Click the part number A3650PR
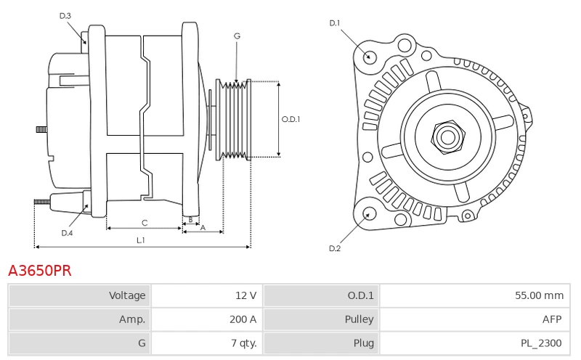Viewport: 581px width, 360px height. coord(40,271)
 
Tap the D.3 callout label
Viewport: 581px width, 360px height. coord(65,15)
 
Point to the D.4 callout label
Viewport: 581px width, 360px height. coord(67,233)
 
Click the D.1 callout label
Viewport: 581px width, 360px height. coord(335,23)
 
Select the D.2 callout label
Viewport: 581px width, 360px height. coord(335,249)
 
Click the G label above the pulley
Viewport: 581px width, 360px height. coord(237,36)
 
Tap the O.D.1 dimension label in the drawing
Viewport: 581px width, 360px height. coord(290,120)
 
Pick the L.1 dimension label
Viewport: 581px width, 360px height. coord(141,240)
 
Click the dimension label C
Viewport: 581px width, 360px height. coord(145,222)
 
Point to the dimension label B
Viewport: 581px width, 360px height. coord(190,218)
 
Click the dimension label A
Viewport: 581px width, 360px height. coord(203,227)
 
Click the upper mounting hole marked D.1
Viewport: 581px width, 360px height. coord(368,56)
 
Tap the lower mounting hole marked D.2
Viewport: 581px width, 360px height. coord(368,213)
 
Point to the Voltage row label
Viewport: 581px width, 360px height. coord(127,295)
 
